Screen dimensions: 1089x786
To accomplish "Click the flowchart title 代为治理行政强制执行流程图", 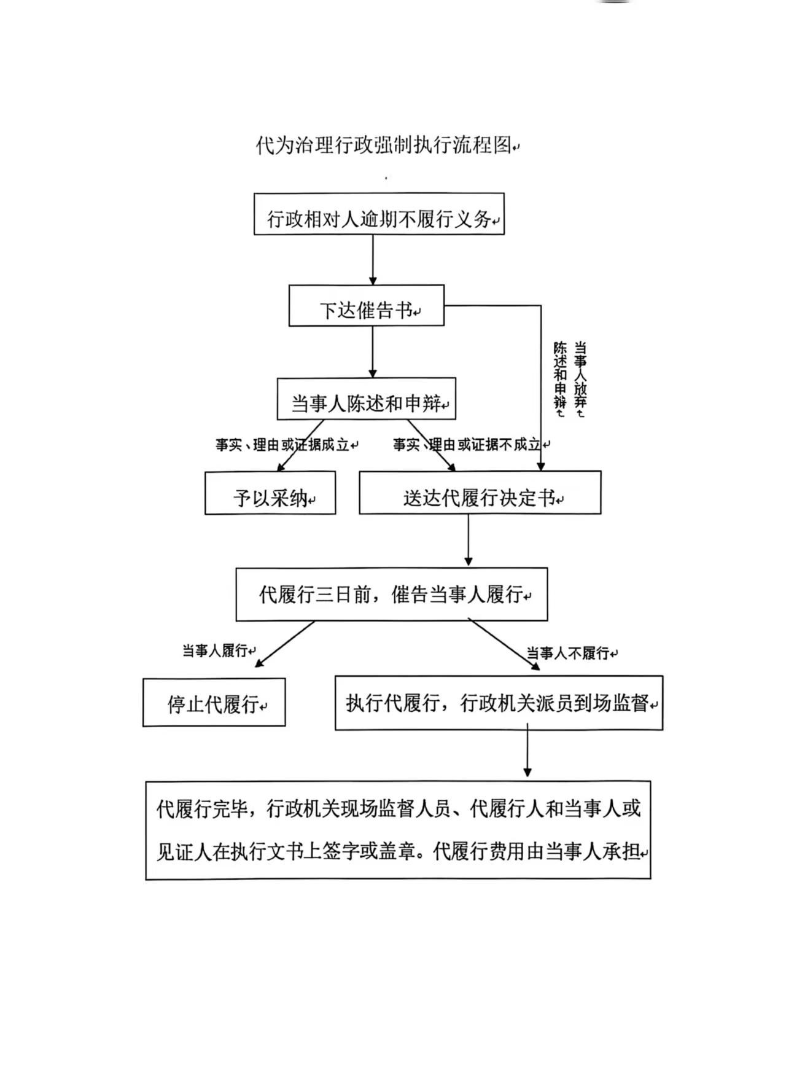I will coord(384,146).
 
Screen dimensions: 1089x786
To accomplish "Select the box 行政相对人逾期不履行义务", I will coord(379,214).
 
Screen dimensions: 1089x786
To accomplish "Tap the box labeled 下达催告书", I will coord(366,305).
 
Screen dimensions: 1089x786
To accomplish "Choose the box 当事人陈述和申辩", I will coord(366,399).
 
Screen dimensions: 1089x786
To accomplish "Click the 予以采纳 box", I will coord(270,493).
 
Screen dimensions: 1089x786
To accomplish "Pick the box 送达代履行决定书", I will coord(480,493).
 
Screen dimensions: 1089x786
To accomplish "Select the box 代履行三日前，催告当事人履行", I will coord(391,594).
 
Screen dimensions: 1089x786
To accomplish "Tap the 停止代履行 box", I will coord(214,703).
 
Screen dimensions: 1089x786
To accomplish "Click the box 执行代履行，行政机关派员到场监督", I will coord(499,703).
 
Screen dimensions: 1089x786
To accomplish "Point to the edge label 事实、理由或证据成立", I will coord(283,445).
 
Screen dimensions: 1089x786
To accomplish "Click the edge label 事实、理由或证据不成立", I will coord(467,445).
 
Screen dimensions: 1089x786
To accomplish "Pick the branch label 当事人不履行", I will coord(569,654).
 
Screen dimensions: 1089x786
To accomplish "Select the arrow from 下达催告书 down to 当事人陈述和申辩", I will coord(373,352).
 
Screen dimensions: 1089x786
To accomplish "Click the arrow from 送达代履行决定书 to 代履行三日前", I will coord(469,540).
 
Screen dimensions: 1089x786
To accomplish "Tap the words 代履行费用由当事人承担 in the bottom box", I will coord(537,853).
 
